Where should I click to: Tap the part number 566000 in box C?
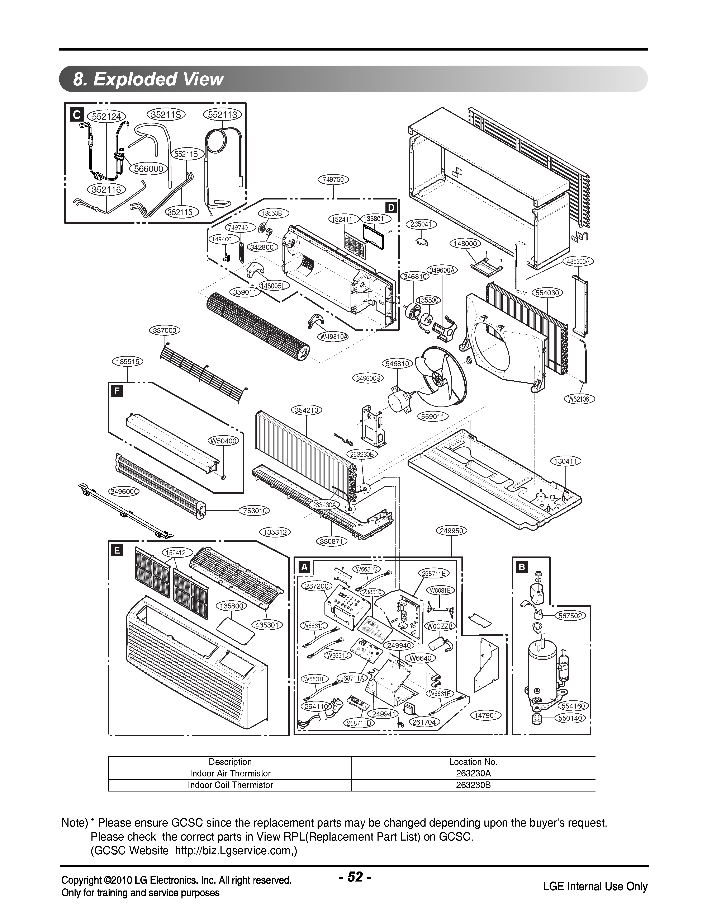(148, 169)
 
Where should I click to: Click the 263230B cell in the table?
(473, 785)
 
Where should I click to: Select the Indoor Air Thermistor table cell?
(230, 773)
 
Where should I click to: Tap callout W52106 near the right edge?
(579, 399)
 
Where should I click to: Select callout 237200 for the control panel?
(317, 586)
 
